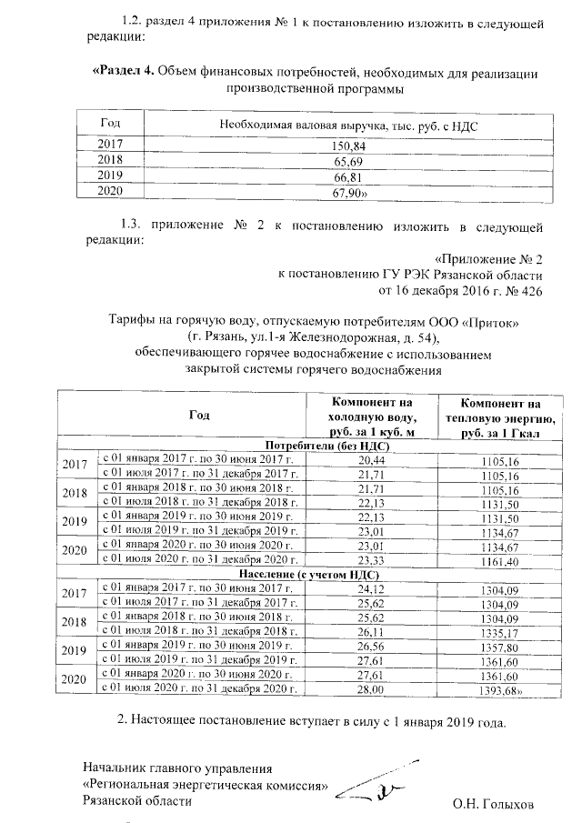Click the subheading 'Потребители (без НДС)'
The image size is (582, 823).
315,446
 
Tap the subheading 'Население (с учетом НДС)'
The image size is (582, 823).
309,575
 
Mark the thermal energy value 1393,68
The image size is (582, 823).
503,692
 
